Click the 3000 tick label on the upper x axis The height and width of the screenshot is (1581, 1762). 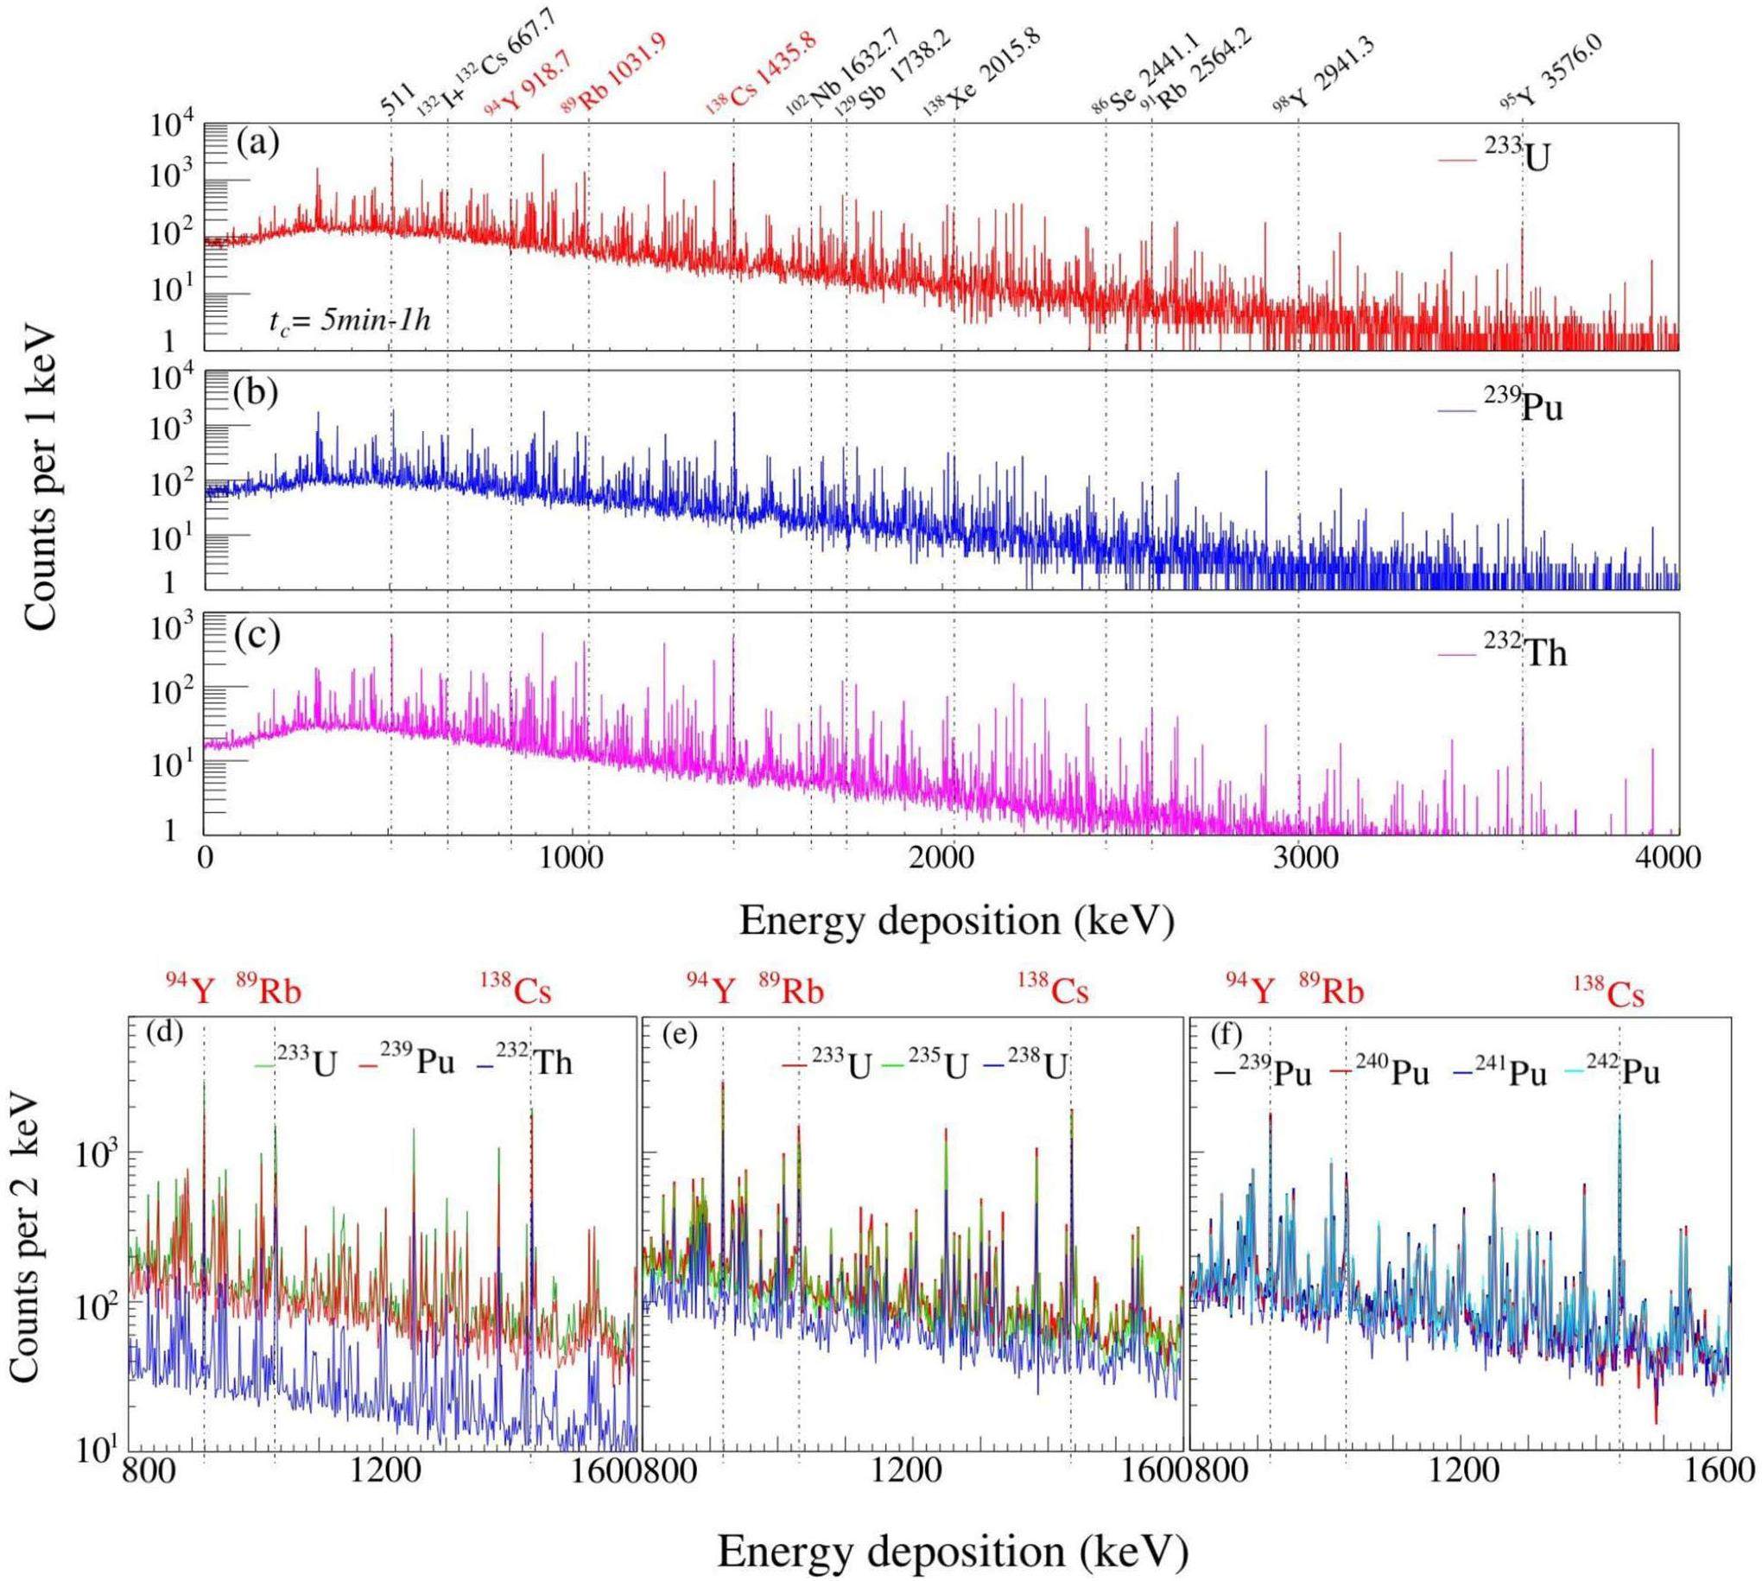[1300, 856]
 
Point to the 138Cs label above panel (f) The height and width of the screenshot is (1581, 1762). [1609, 993]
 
